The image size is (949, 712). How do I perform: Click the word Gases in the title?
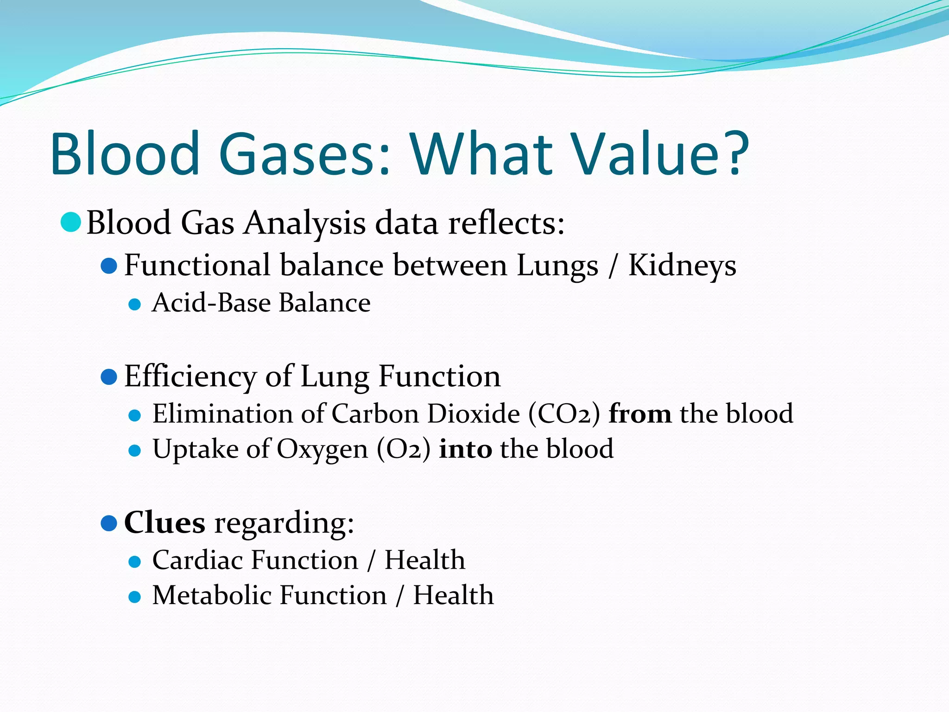(x=304, y=154)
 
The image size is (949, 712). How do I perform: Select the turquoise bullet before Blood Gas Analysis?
(x=71, y=222)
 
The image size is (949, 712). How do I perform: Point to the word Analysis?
(x=304, y=223)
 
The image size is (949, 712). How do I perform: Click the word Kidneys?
(x=682, y=266)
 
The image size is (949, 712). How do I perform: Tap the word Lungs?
(x=557, y=266)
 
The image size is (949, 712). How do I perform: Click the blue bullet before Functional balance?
(x=109, y=266)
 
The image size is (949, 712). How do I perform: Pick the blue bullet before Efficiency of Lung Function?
(x=109, y=377)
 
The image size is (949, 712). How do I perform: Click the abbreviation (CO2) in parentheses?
(x=564, y=414)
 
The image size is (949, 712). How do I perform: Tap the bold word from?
(x=639, y=414)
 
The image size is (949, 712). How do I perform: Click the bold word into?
(x=465, y=449)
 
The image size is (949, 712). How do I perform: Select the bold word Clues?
(x=164, y=523)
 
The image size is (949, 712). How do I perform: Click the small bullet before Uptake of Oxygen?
(x=134, y=451)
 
